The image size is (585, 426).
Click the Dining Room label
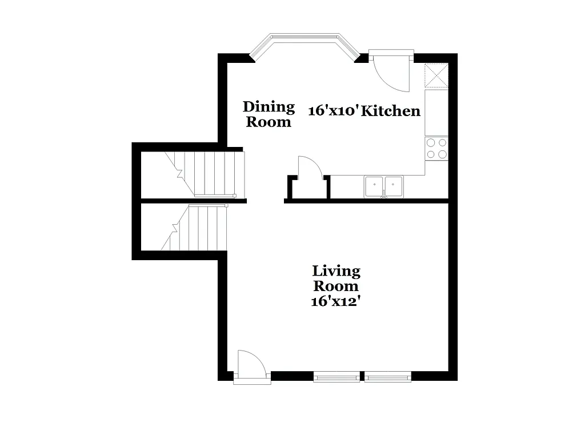pos(269,114)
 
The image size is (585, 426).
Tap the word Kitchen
pos(392,111)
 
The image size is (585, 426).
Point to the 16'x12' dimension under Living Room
pos(335,301)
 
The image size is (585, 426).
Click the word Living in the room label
pos(336,270)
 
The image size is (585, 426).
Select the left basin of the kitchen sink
pos(375,185)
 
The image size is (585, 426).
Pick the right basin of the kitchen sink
pos(393,185)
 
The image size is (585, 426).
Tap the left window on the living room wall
pos(336,376)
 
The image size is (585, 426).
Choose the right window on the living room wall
pos(388,376)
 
